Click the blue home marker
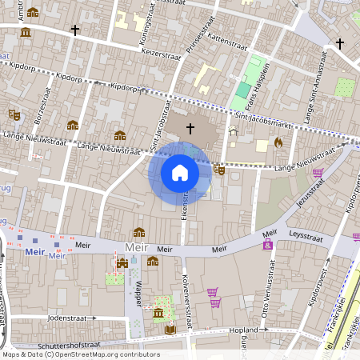coord(179,173)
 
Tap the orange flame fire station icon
coord(278,142)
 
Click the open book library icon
coord(170,329)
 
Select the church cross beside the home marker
coord(190,127)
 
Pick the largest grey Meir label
coord(135,249)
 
